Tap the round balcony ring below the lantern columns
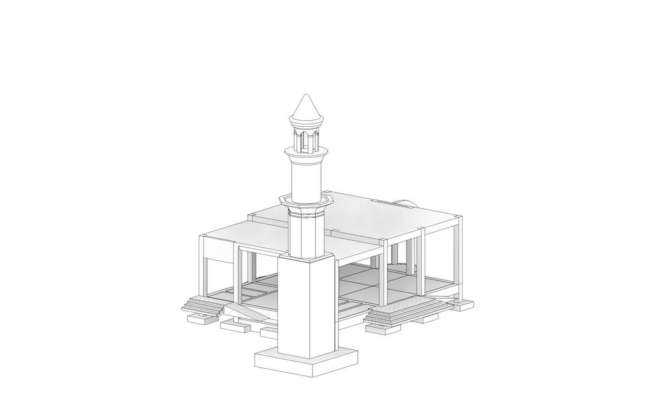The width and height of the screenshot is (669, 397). [306, 153]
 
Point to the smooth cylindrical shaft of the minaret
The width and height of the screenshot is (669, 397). [306, 179]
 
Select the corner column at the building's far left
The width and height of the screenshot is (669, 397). [202, 266]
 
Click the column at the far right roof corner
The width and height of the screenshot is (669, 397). [457, 257]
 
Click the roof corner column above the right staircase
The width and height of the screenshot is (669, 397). [383, 271]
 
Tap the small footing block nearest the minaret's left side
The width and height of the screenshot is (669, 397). [268, 332]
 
